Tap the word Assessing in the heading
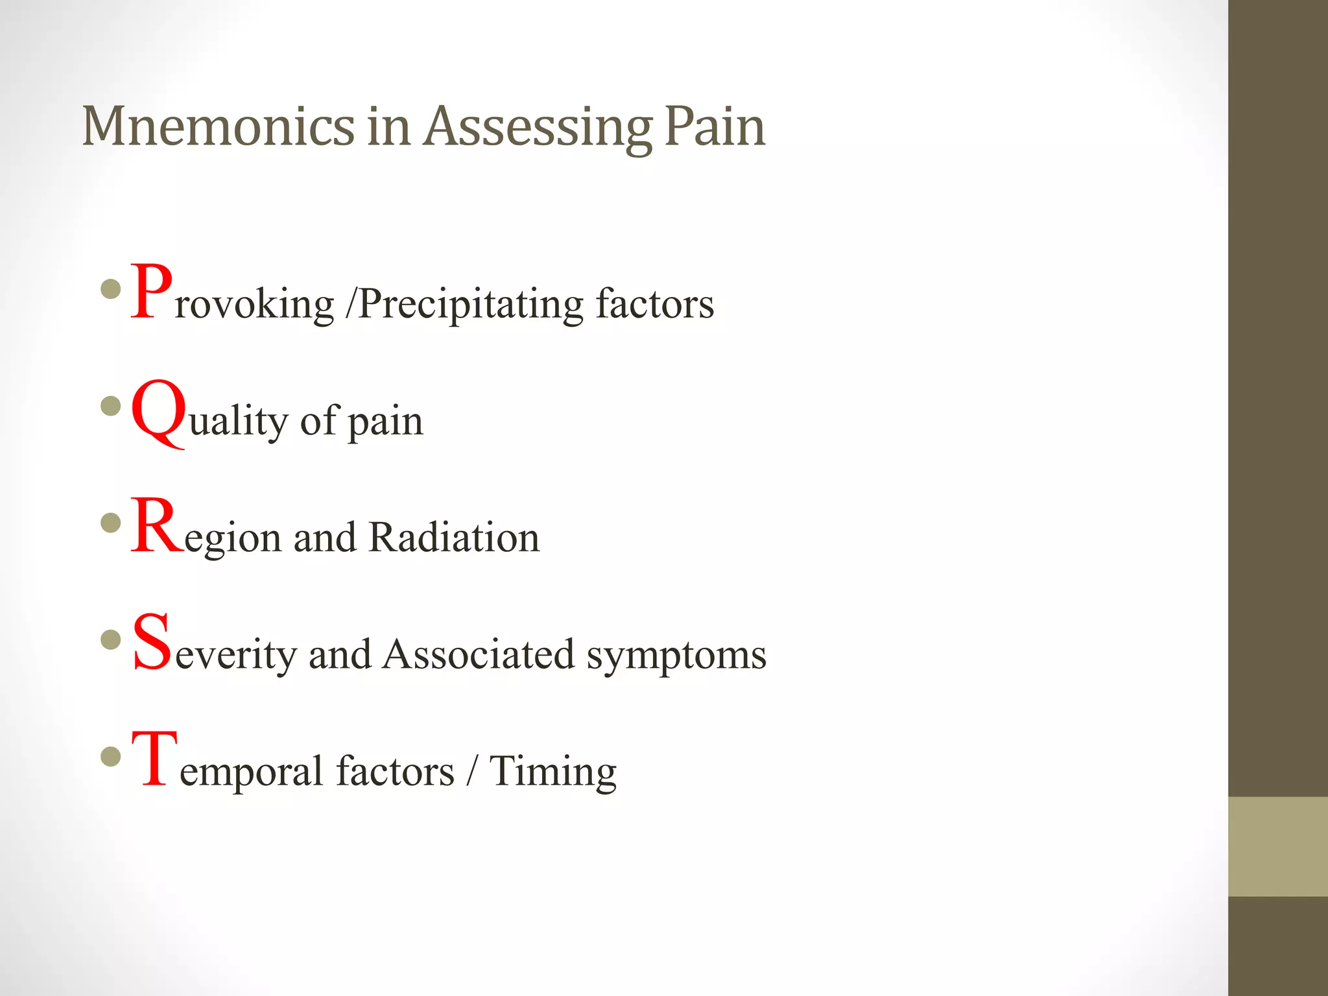[x=538, y=128]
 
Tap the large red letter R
[x=157, y=526]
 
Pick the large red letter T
[x=154, y=759]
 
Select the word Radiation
[x=454, y=538]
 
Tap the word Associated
[x=479, y=654]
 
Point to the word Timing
[x=552, y=772]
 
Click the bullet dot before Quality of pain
[x=112, y=407]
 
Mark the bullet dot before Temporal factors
[x=112, y=756]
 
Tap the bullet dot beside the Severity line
[x=112, y=640]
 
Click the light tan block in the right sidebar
[x=1277, y=846]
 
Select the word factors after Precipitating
[x=654, y=304]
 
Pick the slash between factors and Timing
[x=471, y=771]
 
